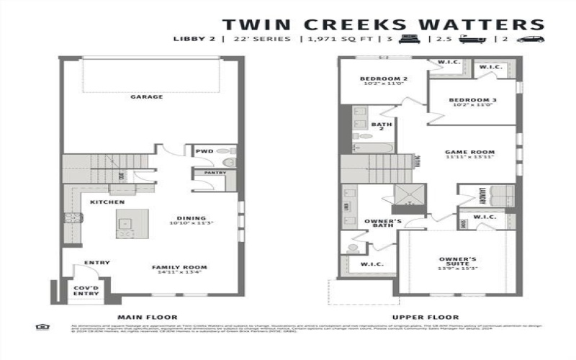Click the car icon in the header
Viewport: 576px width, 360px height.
click(531, 39)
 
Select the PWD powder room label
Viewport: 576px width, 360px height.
click(204, 151)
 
